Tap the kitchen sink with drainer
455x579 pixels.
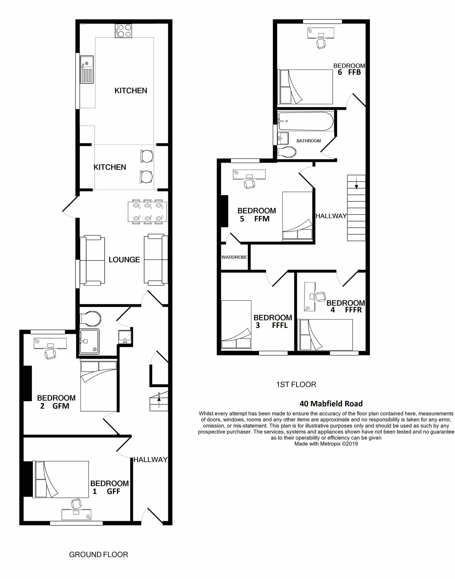coord(87,69)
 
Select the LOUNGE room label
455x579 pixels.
coord(124,260)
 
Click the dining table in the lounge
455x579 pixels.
coord(147,212)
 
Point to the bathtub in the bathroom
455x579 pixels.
coord(305,121)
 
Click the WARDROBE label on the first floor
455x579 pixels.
coord(234,257)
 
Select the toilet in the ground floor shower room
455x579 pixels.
coord(90,319)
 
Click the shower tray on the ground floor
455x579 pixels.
coord(90,341)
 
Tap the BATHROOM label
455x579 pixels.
coord(309,141)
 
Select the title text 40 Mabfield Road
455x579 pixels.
coord(331,404)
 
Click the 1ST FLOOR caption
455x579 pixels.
coord(296,384)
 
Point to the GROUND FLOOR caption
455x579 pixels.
coord(99,555)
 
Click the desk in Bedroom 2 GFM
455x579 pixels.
coord(50,343)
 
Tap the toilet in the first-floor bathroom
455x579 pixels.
coord(287,152)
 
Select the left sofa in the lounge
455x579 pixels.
coord(92,260)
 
